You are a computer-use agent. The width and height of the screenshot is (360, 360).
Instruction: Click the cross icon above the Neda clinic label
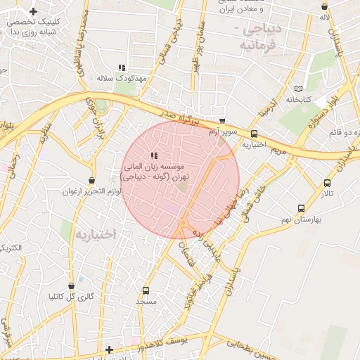pos(33,11)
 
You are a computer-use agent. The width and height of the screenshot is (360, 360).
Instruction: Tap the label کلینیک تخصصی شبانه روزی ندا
pos(33,27)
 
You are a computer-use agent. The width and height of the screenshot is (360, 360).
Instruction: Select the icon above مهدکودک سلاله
pos(122,67)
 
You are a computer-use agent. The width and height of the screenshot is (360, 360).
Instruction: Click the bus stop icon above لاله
pos(324,5)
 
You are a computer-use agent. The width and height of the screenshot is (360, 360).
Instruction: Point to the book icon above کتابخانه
pos(299,89)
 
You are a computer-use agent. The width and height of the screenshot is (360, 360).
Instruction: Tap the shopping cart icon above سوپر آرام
pos(222,122)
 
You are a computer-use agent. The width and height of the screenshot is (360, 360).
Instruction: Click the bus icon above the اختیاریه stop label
pos(253,134)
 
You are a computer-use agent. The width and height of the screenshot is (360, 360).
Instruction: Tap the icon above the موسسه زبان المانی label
pos(154,155)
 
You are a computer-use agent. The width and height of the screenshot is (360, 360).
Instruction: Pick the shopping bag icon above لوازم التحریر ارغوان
pos(91,180)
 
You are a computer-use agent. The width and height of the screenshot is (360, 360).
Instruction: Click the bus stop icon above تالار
pos(327,183)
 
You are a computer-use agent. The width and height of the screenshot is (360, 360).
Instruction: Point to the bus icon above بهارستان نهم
pos(301,208)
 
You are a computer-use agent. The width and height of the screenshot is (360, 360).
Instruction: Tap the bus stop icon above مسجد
pos(146,290)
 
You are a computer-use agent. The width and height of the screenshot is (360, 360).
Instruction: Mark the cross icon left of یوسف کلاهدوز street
pos(109,349)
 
